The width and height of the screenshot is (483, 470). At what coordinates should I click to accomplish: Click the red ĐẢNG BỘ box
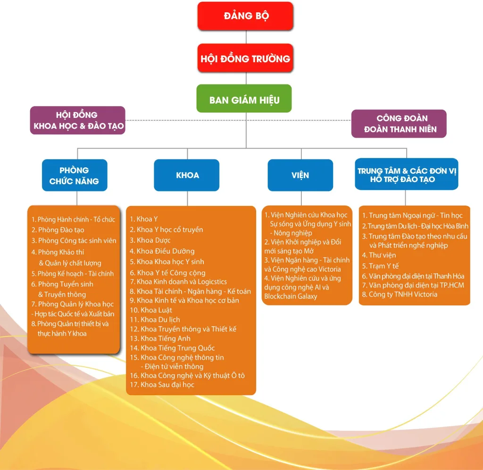(x=245, y=16)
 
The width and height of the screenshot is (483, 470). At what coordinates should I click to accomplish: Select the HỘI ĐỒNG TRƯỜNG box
(x=245, y=58)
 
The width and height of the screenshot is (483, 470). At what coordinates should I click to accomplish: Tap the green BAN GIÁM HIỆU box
(x=244, y=99)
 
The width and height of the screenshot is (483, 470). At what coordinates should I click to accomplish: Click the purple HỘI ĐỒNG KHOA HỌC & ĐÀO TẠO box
(x=78, y=120)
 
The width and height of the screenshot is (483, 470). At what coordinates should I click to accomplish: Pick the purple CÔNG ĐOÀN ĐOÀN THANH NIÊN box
(x=399, y=124)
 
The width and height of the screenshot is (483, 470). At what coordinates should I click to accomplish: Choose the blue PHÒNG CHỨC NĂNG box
(x=75, y=175)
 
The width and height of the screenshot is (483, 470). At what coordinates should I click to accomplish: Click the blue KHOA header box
(x=187, y=175)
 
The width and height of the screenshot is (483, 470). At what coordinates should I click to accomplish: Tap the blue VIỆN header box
(x=300, y=175)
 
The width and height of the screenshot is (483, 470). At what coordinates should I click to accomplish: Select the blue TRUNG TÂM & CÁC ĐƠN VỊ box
(x=407, y=174)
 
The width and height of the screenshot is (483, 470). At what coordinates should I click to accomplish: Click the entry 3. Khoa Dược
(x=150, y=240)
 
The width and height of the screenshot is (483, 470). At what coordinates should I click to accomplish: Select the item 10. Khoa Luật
(x=151, y=310)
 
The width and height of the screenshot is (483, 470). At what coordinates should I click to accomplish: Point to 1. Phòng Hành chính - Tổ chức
(x=74, y=220)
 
